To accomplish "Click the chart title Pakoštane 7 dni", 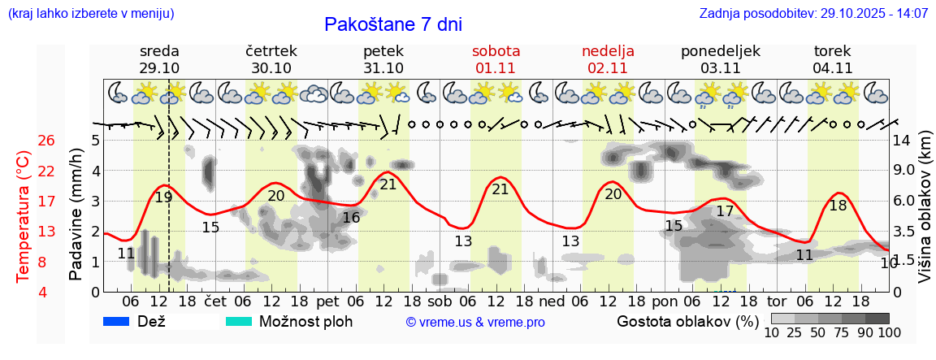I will coord(392,24).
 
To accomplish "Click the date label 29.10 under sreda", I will coord(159,68).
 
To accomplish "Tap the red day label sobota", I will coord(496,51).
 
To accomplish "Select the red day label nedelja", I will coord(608,51).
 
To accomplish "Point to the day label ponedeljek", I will coord(720,51).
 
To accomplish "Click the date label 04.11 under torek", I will coord(832,68).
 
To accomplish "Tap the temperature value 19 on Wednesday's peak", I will coord(163,197).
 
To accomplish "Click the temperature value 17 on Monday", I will coord(725,211).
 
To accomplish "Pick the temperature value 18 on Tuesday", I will coord(838,206).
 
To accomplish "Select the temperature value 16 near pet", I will coord(351,218).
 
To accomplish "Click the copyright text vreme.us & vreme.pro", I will coord(475,323).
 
